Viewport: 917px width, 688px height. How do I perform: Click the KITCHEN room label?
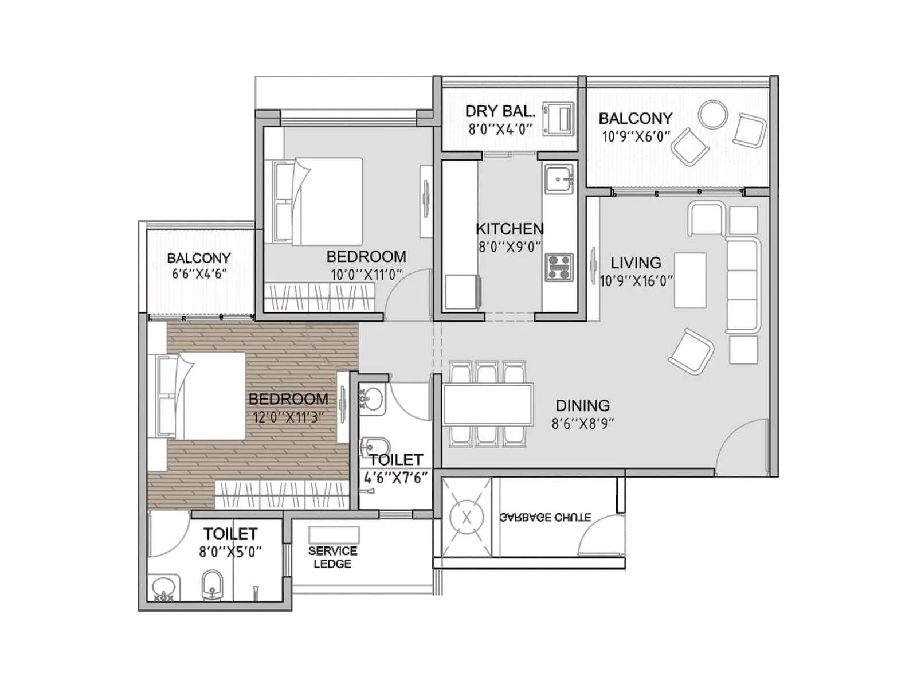(510, 229)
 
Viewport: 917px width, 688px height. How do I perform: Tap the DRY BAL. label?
(500, 111)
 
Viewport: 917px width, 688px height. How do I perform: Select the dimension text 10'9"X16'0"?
(636, 281)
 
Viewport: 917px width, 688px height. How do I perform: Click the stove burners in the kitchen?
(559, 268)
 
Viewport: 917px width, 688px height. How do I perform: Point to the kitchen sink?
(558, 178)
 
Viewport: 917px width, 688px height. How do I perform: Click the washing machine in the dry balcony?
(559, 119)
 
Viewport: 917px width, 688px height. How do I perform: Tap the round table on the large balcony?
(712, 115)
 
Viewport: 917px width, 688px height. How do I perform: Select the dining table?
(488, 404)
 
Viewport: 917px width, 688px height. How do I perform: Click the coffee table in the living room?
(690, 280)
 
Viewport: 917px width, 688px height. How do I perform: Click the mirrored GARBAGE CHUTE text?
(545, 517)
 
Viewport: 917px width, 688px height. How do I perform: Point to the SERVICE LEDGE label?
(332, 557)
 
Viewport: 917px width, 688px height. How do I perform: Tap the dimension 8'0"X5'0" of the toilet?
(230, 552)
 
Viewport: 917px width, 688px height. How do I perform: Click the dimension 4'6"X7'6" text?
(396, 478)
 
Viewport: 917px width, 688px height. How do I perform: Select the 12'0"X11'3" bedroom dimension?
(288, 417)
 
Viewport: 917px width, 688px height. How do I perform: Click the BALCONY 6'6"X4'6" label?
(199, 265)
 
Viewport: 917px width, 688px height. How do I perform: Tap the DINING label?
(582, 405)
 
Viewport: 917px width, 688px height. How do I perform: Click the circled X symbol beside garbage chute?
(467, 518)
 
